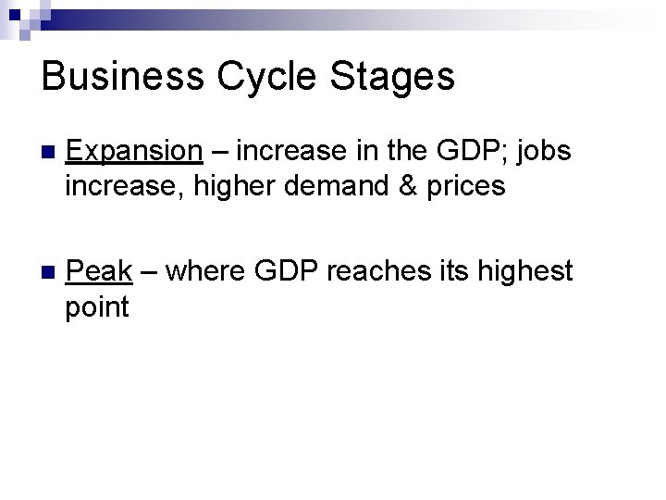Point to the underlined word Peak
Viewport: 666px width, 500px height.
click(x=99, y=272)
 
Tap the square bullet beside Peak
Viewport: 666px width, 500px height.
click(x=49, y=273)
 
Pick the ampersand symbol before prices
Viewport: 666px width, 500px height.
click(x=427, y=188)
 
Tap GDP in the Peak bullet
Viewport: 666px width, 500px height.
click(x=282, y=272)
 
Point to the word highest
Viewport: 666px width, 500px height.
click(x=530, y=272)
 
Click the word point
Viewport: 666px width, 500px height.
click(x=97, y=307)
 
